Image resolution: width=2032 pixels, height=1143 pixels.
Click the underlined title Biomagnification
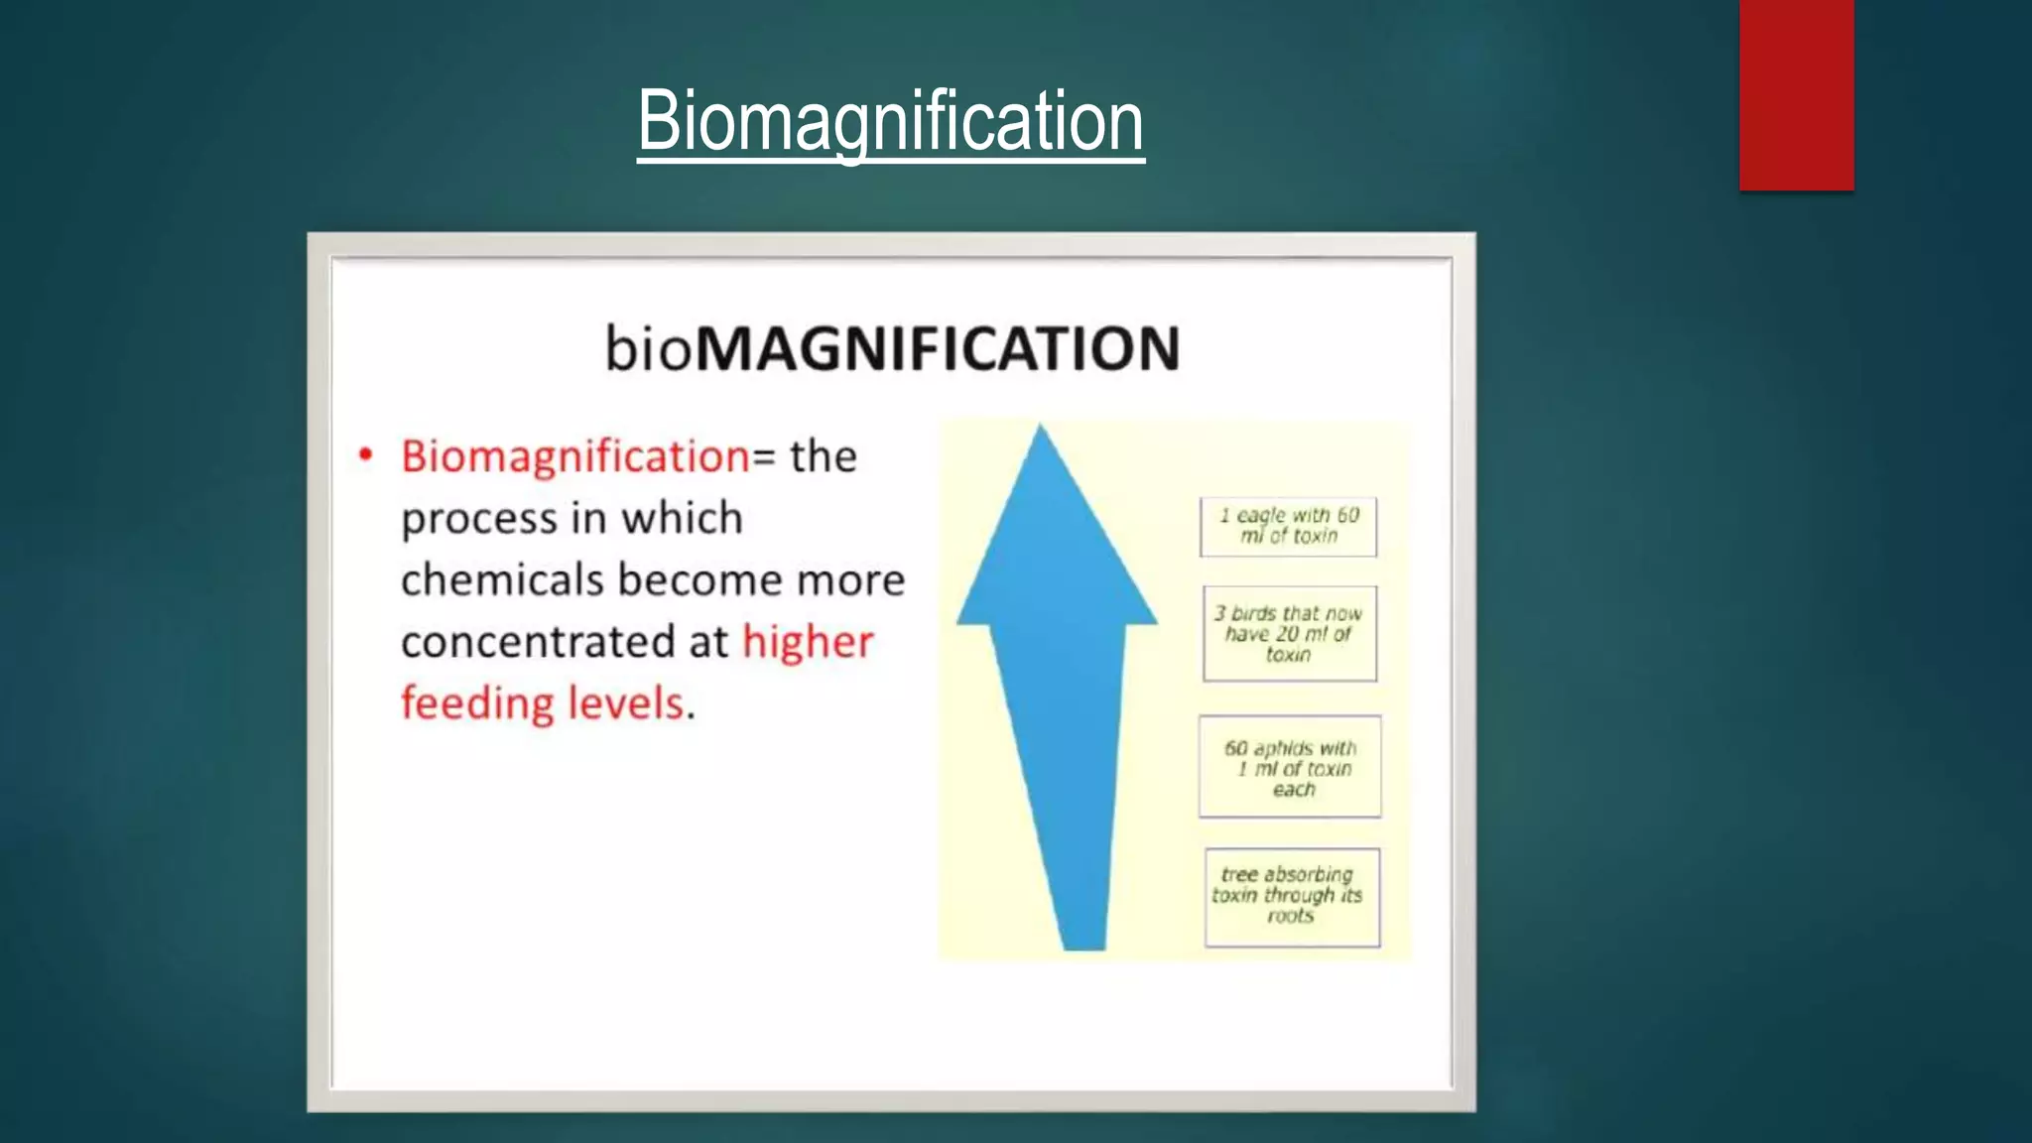point(890,121)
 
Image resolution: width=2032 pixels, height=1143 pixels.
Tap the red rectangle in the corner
point(1796,94)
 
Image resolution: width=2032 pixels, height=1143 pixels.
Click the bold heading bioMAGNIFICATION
point(892,349)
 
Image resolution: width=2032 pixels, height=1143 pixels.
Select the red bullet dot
point(366,455)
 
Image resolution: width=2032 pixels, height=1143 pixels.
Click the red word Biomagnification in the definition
point(574,457)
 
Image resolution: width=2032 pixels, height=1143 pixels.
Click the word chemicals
point(501,580)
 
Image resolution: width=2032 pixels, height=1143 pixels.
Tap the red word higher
point(808,642)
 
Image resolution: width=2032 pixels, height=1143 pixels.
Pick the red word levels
point(626,703)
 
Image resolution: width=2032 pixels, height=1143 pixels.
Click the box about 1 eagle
point(1288,526)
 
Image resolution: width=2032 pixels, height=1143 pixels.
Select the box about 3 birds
point(1289,634)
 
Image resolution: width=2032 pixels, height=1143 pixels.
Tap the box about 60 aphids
point(1290,768)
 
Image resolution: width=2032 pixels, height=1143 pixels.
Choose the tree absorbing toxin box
point(1291,896)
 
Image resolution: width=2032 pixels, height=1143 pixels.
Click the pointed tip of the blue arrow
point(1040,433)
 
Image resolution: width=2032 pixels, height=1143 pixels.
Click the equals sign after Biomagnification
point(764,457)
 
